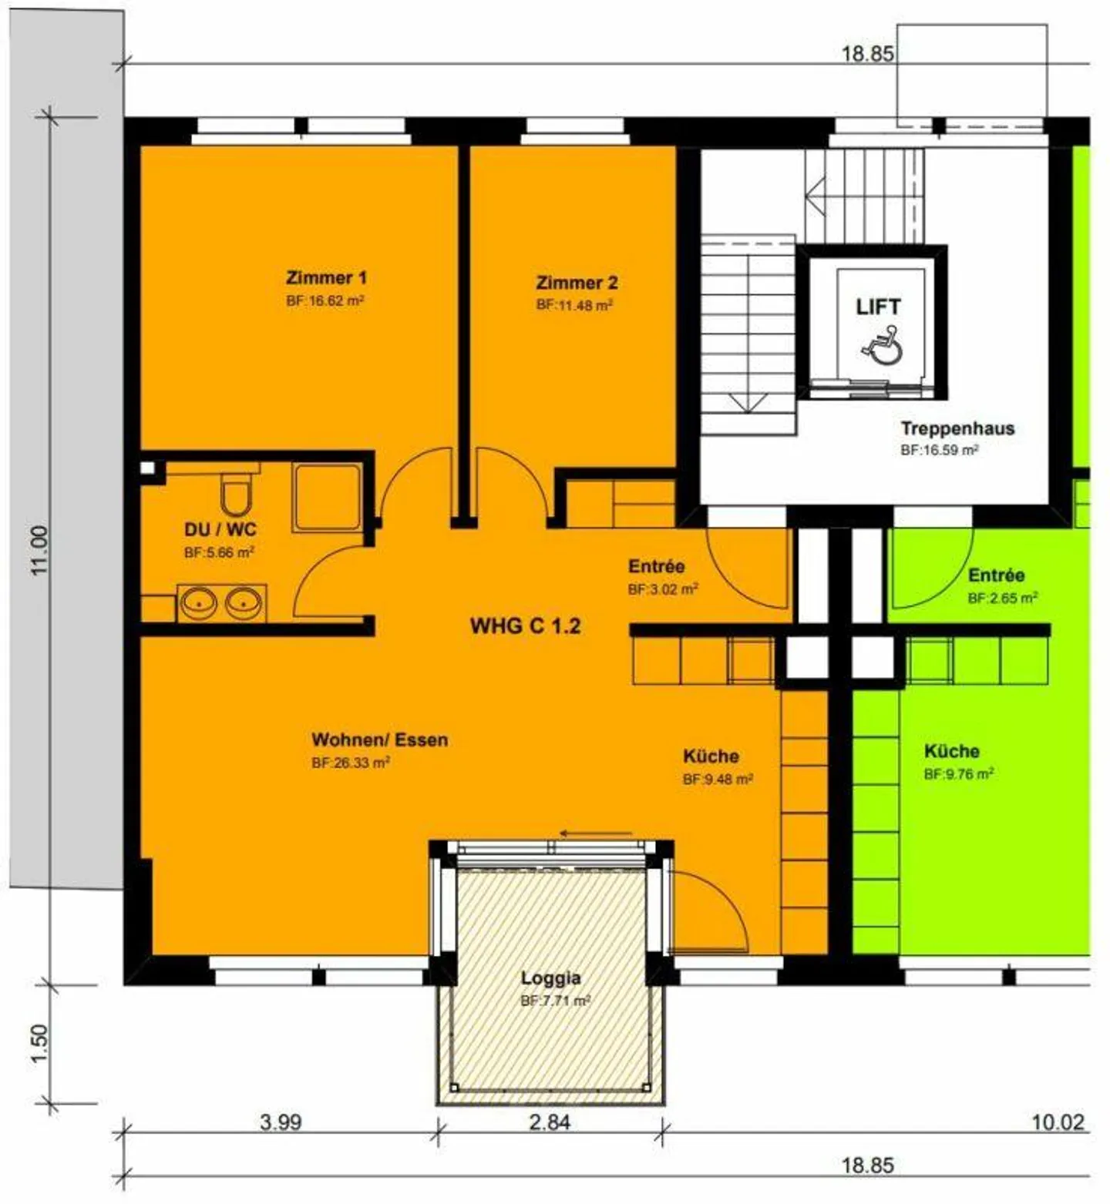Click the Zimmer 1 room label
(326, 278)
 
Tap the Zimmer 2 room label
(577, 283)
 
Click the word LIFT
(878, 307)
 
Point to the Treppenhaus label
(957, 428)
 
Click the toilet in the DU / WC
(236, 495)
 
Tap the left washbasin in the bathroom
(199, 603)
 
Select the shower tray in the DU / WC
(327, 497)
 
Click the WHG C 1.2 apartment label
(525, 625)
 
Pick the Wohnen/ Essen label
(379, 740)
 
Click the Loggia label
(550, 978)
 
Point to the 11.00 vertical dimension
(39, 550)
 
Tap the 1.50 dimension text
(39, 1043)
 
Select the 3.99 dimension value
(280, 1122)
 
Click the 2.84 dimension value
(550, 1122)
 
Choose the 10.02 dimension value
(1058, 1122)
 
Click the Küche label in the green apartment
(952, 751)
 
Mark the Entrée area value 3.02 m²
(663, 589)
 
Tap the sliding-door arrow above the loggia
(596, 833)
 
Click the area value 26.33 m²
(351, 763)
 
